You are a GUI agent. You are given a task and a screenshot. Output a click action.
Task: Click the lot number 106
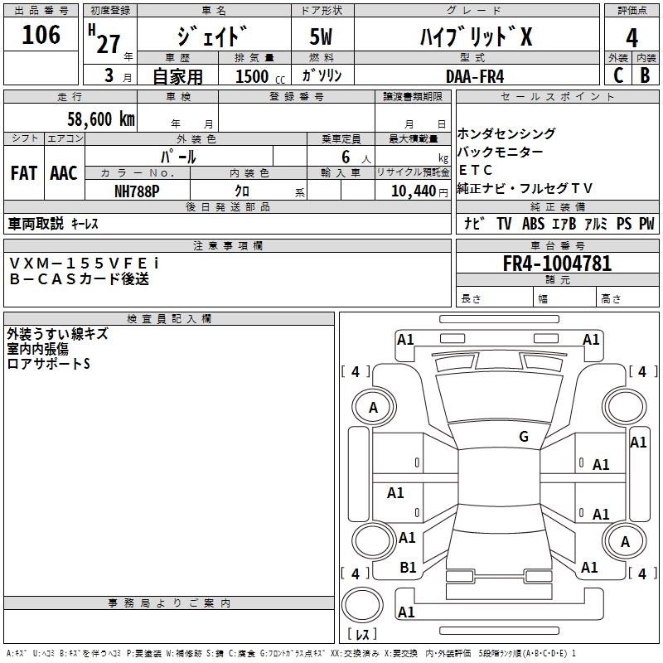[x=42, y=35]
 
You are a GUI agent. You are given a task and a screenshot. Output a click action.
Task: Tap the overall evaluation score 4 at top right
[x=632, y=38]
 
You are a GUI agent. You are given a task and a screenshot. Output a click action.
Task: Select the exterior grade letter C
[x=617, y=75]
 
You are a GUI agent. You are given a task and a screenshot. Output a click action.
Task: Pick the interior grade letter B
[x=646, y=75]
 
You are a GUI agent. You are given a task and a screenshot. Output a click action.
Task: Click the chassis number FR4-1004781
[x=557, y=264]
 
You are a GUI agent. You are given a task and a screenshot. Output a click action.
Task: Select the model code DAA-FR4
[x=474, y=75]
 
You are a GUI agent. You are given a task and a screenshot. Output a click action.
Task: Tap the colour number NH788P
[x=138, y=190]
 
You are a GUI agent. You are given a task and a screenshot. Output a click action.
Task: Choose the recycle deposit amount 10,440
[x=406, y=191]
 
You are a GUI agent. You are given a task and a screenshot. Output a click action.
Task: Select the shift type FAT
[x=24, y=173]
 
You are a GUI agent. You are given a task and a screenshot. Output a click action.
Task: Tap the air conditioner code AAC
[x=63, y=173]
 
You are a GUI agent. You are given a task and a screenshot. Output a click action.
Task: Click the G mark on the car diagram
[x=523, y=437]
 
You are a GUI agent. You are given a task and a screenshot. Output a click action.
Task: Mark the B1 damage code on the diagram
[x=409, y=568]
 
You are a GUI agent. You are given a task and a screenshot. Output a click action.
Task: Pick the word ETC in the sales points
[x=476, y=170]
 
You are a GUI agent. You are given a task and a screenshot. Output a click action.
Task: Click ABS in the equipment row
[x=534, y=224]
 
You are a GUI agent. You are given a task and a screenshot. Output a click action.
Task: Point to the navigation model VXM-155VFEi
[x=84, y=263]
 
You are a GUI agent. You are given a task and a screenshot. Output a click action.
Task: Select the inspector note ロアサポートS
[x=48, y=363]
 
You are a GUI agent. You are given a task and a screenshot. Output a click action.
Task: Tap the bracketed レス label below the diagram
[x=361, y=635]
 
